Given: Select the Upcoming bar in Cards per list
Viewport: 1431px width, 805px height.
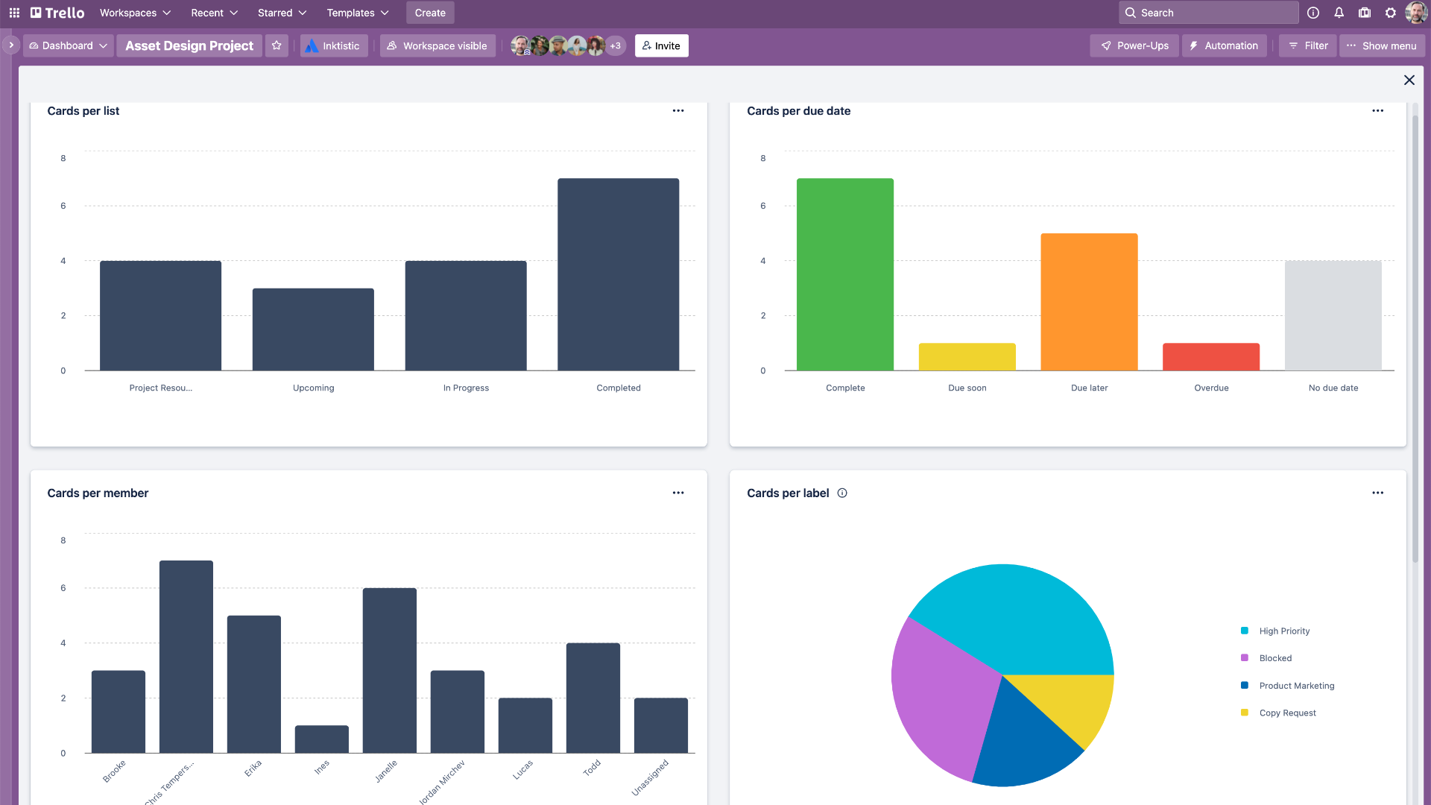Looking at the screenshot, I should tap(313, 329).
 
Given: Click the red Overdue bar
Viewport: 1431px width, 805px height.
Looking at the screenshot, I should tap(1210, 357).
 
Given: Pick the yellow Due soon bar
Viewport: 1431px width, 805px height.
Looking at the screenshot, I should tap(967, 357).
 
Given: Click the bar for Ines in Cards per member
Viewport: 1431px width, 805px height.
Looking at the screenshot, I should tap(321, 739).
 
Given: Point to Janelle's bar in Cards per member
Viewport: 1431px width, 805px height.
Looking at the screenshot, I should tap(389, 670).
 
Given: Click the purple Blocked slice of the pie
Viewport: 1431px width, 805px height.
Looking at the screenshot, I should tap(939, 693).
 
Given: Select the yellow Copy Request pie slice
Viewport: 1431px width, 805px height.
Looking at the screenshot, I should tap(1073, 701).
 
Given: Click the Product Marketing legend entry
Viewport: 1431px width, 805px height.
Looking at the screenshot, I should tap(1296, 686).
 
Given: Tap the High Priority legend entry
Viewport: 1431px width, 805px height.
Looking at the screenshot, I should tap(1283, 631).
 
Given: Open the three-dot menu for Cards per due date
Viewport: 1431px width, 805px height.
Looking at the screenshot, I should tap(1377, 110).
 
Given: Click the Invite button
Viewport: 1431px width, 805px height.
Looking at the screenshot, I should tap(661, 45).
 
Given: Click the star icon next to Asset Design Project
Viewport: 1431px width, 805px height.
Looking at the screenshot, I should tap(277, 45).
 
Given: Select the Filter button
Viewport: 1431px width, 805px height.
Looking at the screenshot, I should tap(1308, 45).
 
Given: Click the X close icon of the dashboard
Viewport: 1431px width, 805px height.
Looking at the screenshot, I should tap(1409, 80).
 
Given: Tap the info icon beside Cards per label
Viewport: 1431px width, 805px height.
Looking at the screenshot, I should tap(842, 493).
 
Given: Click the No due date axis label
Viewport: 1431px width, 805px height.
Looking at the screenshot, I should tap(1333, 388).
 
